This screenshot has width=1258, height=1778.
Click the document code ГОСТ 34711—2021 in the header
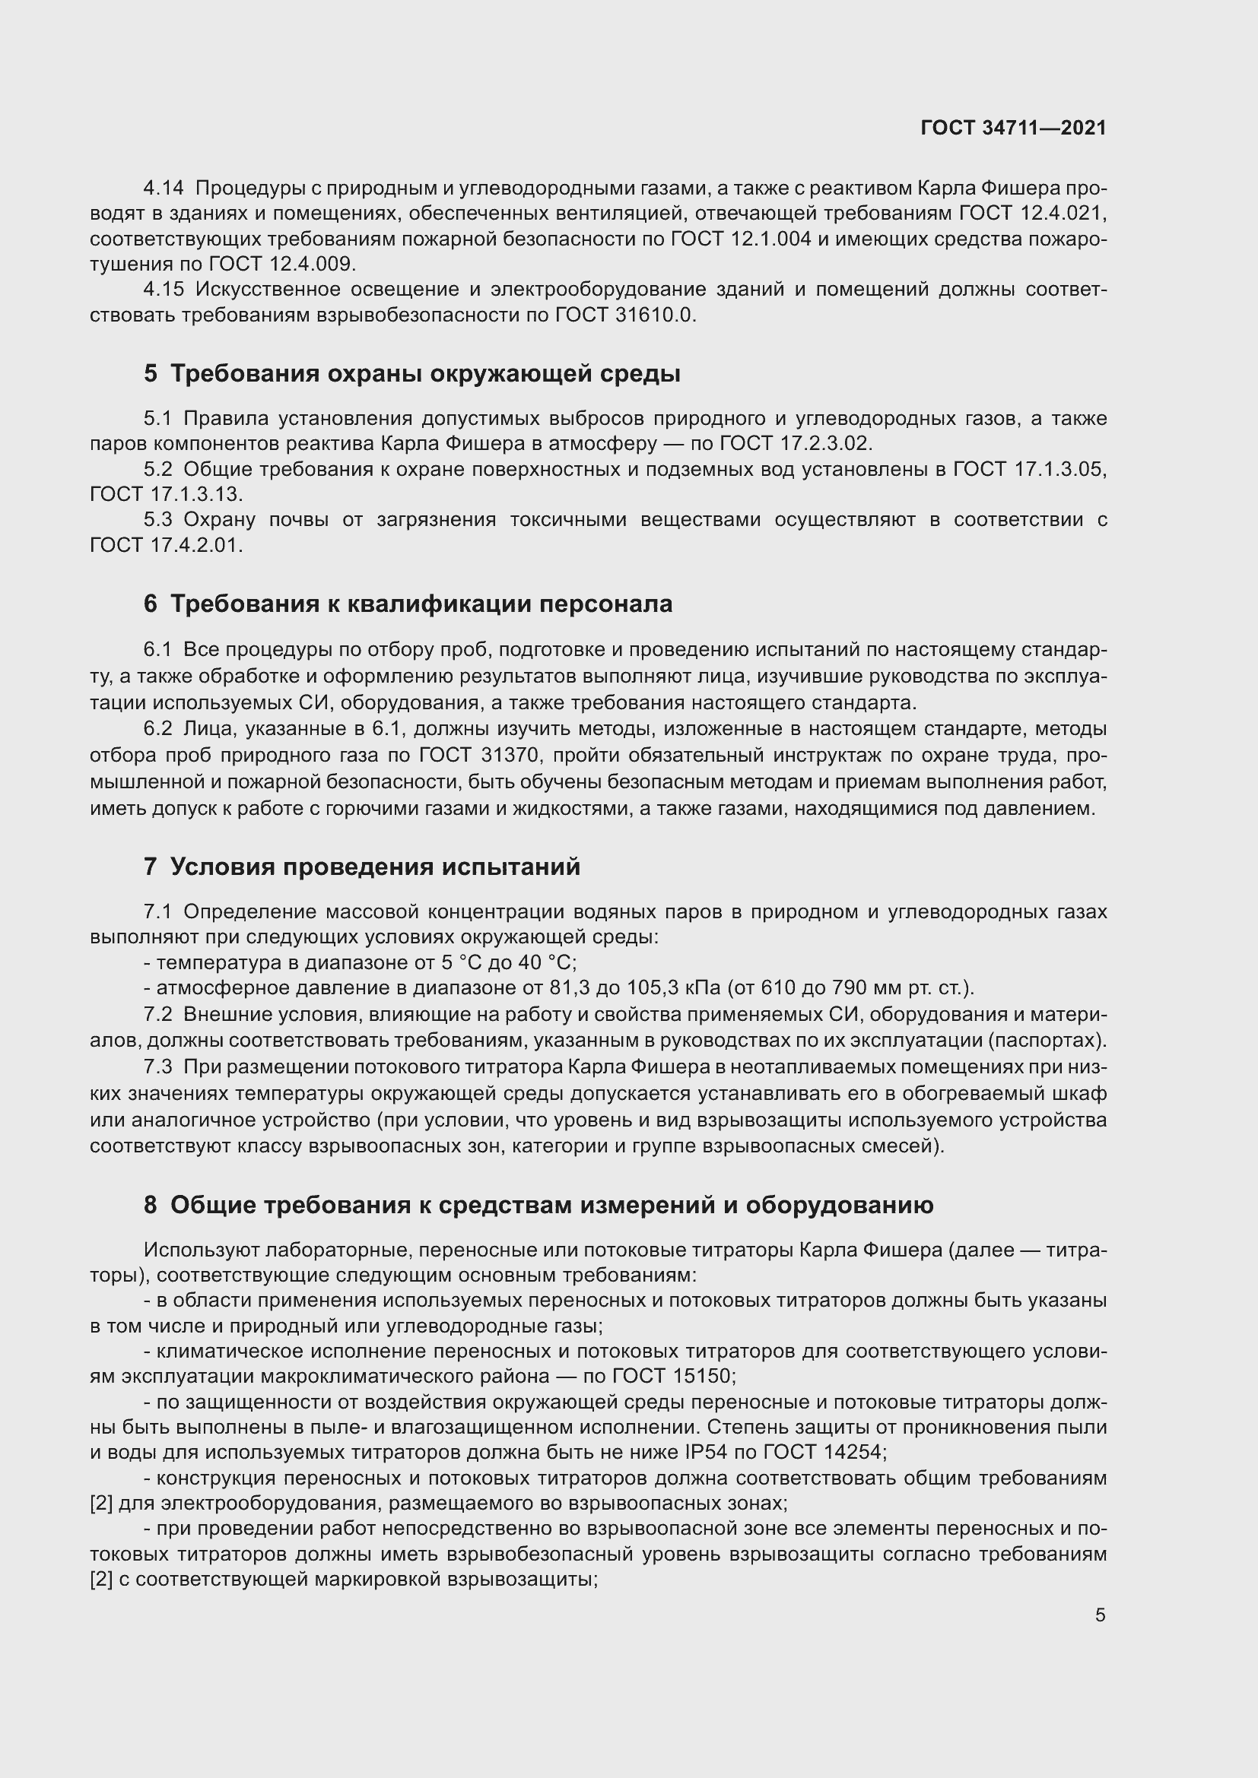(x=1013, y=128)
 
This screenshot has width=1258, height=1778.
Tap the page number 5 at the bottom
(x=1100, y=1615)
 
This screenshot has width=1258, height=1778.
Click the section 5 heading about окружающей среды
(x=411, y=374)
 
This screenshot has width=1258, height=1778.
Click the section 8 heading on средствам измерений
(x=538, y=1205)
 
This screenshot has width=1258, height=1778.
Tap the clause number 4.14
(x=164, y=189)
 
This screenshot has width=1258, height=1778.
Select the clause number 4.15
(x=164, y=290)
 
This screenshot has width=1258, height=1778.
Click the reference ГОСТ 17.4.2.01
(x=166, y=545)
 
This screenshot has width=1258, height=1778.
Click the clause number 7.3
(x=158, y=1067)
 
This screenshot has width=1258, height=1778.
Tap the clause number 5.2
(x=158, y=469)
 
